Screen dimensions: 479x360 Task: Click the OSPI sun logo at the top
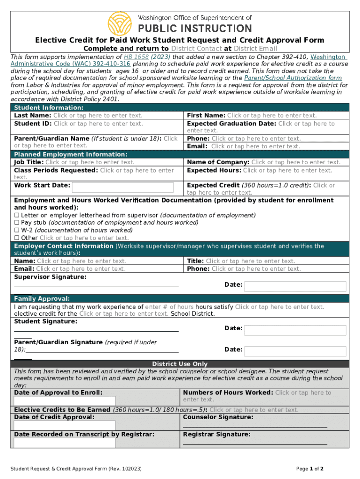120,22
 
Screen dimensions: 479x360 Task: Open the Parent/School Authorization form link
293,78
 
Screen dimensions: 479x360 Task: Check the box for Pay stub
16,223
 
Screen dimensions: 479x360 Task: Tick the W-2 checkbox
16,230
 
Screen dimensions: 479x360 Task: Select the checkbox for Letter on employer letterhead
16,215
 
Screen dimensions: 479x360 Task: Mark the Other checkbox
16,238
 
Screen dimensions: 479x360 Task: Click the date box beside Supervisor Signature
295,286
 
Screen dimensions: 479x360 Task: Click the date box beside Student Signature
295,330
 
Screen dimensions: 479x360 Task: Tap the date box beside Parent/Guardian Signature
295,351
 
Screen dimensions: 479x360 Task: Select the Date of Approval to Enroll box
65,401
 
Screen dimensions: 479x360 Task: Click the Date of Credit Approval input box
65,425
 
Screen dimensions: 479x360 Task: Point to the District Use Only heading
180,364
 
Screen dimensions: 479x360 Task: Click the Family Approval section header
42,298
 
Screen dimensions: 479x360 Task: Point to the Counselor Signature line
255,426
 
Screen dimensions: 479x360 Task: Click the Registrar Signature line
255,443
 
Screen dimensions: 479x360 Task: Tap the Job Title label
29,162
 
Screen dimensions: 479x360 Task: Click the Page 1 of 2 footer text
310,469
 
